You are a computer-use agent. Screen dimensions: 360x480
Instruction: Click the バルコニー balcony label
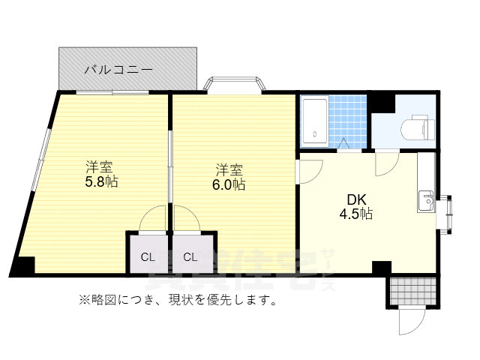tap(118, 70)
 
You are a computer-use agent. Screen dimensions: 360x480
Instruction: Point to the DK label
tap(355, 199)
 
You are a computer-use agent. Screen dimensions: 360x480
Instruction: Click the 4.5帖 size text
tap(355, 214)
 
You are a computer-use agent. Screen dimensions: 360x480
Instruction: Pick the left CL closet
tap(147, 256)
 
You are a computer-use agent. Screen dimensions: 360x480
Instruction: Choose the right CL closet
tap(191, 256)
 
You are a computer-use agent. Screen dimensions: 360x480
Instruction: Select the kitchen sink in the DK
tap(426, 200)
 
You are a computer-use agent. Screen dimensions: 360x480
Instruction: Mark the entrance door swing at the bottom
tap(411, 322)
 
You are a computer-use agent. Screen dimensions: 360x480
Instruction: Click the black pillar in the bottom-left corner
tap(24, 266)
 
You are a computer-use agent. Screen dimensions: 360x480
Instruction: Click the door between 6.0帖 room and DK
tap(308, 171)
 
